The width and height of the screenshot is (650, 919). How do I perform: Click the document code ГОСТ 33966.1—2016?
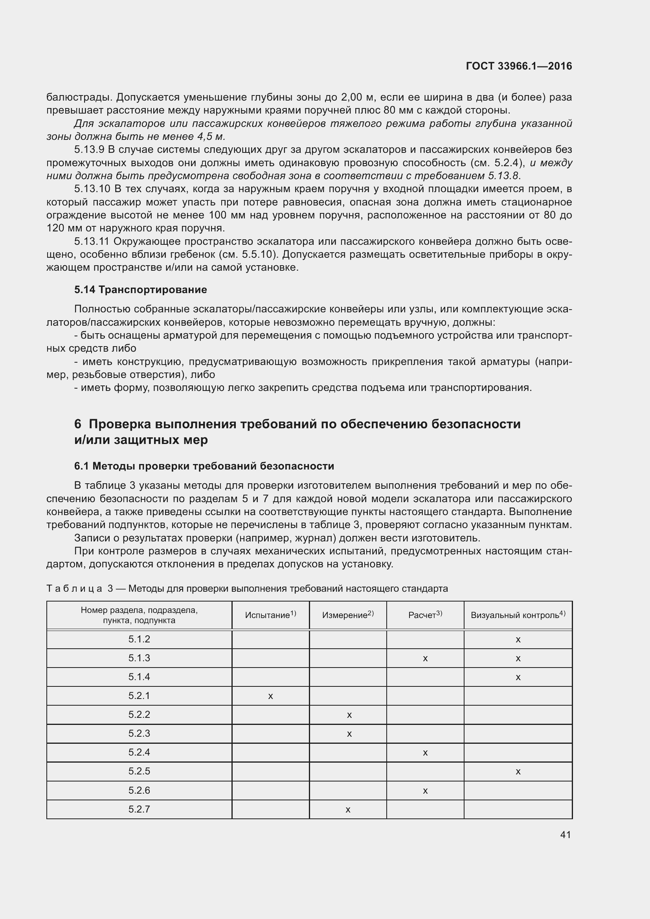(519, 66)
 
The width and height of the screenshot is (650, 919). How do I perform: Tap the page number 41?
(566, 835)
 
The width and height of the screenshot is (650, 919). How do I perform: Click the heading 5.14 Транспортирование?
(140, 290)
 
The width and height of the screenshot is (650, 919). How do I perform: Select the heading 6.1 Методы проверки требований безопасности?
(204, 466)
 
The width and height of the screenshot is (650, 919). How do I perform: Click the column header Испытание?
(270, 615)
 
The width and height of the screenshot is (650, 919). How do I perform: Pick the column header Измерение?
(347, 615)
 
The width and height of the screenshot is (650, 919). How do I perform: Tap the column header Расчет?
(425, 615)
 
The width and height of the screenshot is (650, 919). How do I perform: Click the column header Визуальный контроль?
(518, 615)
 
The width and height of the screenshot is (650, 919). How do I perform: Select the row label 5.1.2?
(139, 639)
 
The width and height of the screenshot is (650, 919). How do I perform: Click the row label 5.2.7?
(139, 809)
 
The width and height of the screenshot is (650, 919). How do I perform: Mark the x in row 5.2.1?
(270, 697)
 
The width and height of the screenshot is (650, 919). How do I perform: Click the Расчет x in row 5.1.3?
(425, 659)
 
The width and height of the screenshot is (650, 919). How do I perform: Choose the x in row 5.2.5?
(518, 772)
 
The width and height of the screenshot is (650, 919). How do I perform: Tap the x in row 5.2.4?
(425, 753)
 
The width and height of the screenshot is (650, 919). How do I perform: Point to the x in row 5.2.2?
(349, 715)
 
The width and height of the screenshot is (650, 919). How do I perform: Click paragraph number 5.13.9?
(89, 150)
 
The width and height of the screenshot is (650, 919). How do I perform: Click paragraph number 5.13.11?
(92, 241)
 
